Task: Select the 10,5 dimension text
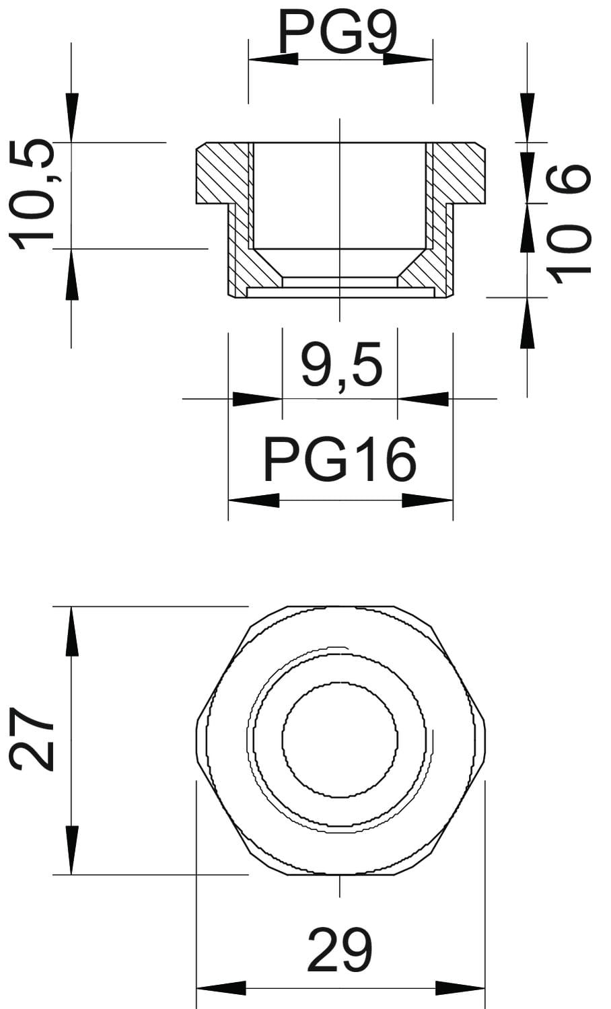[x=32, y=194]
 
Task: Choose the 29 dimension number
[x=340, y=950]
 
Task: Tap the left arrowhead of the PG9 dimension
[x=273, y=59]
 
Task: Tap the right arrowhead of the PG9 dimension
[x=408, y=59]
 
